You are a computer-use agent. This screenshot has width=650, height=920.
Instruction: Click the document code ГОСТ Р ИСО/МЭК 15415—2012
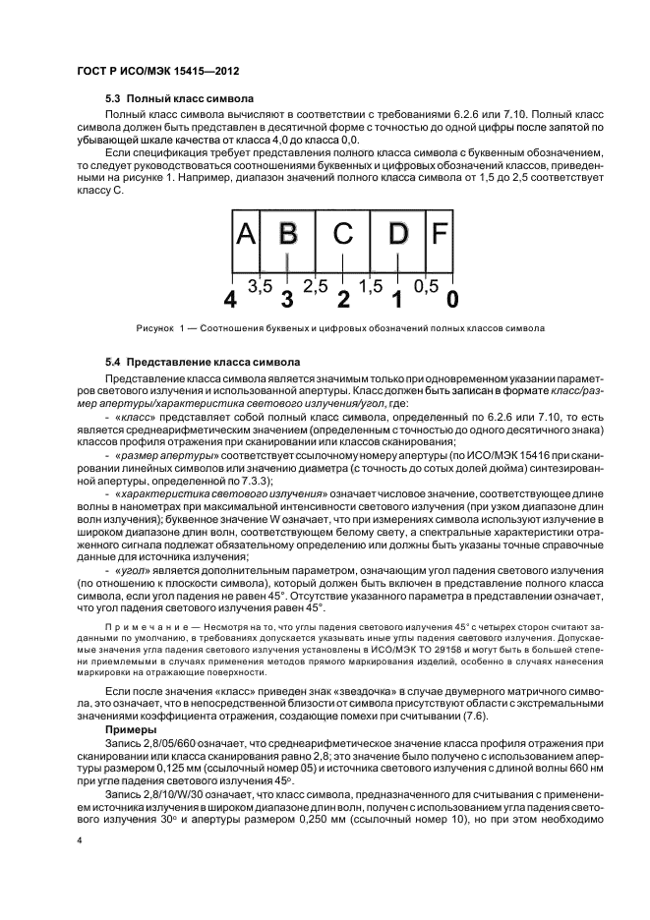click(157, 73)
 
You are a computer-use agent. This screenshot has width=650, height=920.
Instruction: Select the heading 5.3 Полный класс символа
click(179, 99)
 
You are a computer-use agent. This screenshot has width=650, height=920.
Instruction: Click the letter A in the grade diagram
click(246, 235)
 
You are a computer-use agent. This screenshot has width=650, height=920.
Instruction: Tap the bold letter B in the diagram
click(288, 235)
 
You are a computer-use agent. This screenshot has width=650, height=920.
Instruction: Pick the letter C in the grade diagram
click(342, 235)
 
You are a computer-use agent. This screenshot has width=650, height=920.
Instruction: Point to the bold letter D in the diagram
click(397, 235)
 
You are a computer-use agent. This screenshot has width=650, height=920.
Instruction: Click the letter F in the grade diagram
click(440, 235)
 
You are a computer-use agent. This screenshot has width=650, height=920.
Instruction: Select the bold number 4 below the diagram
click(231, 298)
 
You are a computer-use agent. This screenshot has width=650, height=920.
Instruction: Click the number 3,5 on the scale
click(260, 286)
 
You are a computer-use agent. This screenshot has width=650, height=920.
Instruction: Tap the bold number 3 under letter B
click(287, 298)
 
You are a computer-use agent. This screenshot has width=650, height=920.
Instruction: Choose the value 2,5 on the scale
click(315, 286)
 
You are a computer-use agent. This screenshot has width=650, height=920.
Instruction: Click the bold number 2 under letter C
click(342, 298)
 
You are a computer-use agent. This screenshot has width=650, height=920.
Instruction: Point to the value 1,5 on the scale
click(370, 286)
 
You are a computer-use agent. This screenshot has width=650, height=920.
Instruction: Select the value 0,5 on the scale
click(425, 286)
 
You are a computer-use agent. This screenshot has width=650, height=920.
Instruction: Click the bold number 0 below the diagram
click(452, 298)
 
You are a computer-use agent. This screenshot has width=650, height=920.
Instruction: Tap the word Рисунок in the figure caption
click(155, 327)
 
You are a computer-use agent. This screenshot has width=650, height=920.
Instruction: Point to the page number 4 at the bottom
click(80, 841)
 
